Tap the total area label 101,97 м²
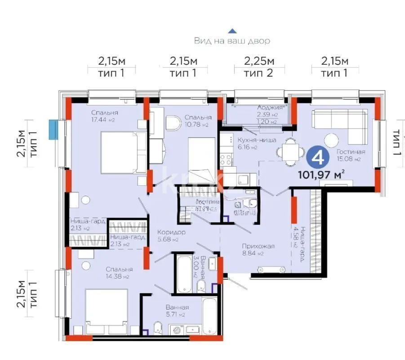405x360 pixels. point(321,174)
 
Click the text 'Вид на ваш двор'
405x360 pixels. point(232,41)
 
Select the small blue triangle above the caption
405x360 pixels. point(232,31)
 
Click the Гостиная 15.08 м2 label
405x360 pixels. point(351,155)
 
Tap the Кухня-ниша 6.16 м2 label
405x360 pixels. point(254,143)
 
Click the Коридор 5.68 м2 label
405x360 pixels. point(171,236)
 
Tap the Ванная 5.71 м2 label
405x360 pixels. point(176,311)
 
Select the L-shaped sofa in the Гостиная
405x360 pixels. point(338,121)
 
